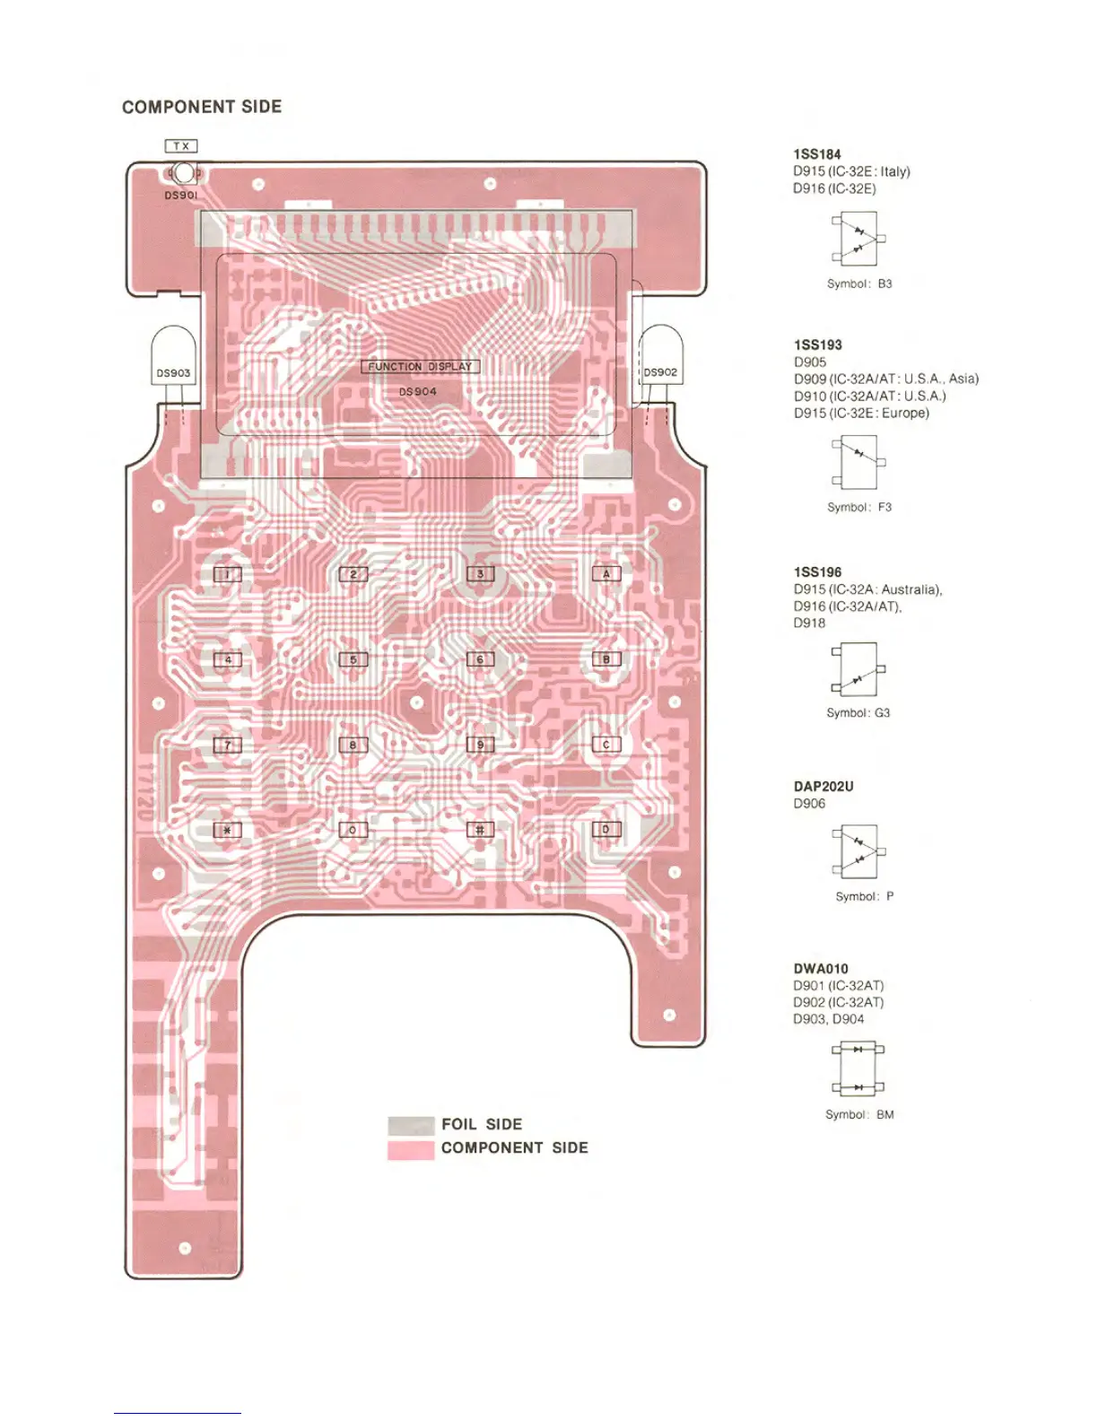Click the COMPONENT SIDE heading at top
point(202,107)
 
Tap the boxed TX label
point(181,146)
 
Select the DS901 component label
point(181,195)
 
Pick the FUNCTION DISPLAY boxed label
point(420,366)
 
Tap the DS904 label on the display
point(418,391)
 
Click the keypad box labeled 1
point(228,574)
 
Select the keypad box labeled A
point(606,574)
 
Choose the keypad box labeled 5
point(353,659)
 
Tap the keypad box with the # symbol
point(480,830)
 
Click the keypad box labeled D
point(606,830)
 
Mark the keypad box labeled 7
point(228,745)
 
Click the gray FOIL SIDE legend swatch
point(411,1126)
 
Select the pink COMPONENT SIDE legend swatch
point(411,1149)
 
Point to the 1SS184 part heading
point(817,154)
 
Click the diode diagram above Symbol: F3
point(858,462)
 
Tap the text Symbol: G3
point(858,713)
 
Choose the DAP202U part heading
point(823,787)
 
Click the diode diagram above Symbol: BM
point(858,1068)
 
